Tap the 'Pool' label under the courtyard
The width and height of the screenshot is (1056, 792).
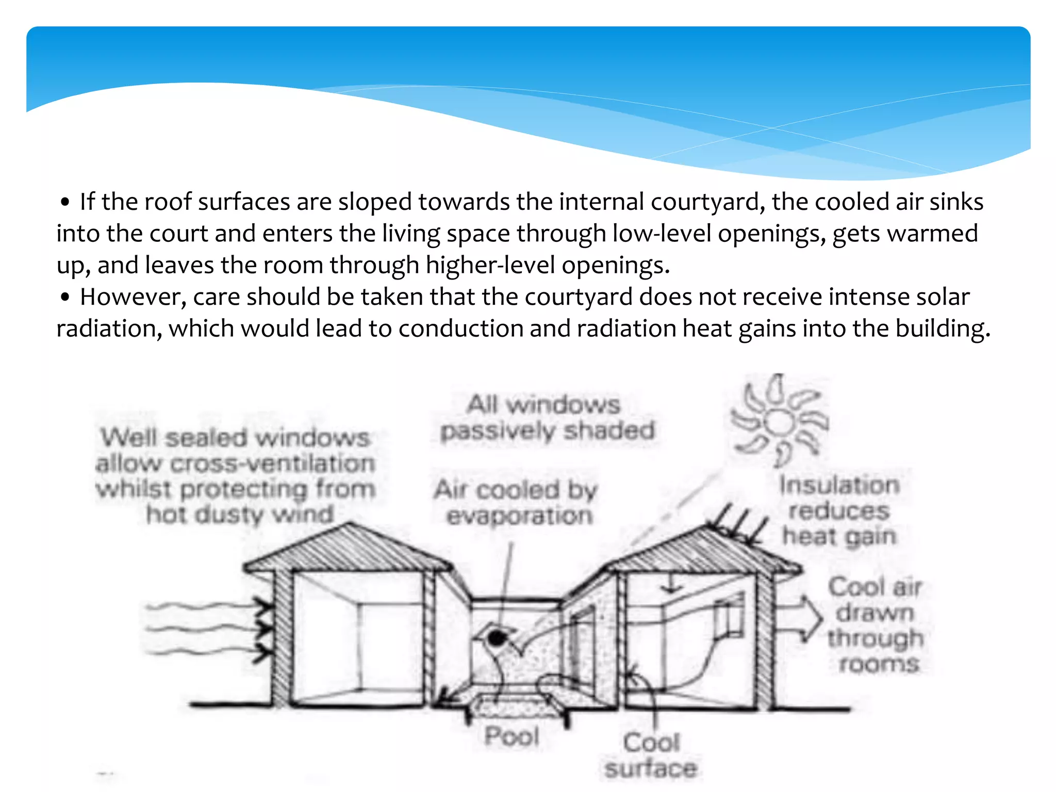pyautogui.click(x=511, y=736)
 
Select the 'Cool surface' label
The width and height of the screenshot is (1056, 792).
pyautogui.click(x=651, y=755)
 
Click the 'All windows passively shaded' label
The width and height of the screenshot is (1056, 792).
pyautogui.click(x=547, y=418)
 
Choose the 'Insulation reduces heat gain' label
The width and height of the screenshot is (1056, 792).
pyautogui.click(x=839, y=510)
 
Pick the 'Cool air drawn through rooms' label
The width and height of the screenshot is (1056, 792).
pyautogui.click(x=875, y=625)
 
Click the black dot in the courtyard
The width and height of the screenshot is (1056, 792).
pyautogui.click(x=496, y=638)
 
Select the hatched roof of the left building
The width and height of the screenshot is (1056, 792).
pyautogui.click(x=349, y=550)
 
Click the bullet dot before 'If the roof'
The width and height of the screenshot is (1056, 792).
pyautogui.click(x=64, y=202)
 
